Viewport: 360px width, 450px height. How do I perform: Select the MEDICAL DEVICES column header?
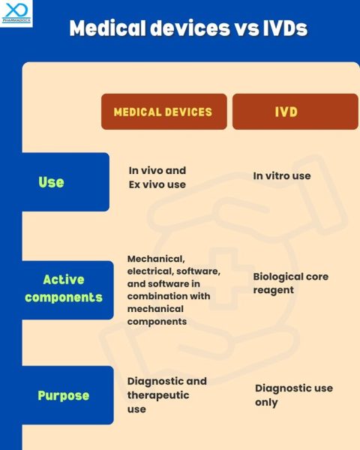(163, 112)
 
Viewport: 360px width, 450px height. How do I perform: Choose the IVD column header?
(286, 112)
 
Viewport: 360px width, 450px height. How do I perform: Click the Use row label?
(52, 182)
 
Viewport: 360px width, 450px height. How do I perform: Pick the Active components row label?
(63, 288)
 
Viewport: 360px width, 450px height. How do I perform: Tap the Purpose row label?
(63, 395)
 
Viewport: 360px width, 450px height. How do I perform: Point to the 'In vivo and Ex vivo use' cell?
(157, 178)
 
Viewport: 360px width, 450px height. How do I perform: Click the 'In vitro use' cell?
(281, 175)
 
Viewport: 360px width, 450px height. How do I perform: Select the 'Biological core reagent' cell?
(290, 283)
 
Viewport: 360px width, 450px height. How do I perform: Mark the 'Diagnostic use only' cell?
(293, 395)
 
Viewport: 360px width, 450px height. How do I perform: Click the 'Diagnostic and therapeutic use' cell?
(166, 394)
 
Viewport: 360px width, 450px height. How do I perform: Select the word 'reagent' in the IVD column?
(273, 289)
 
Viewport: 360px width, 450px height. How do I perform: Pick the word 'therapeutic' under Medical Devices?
(158, 394)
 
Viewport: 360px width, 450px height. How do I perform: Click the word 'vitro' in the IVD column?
(280, 175)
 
